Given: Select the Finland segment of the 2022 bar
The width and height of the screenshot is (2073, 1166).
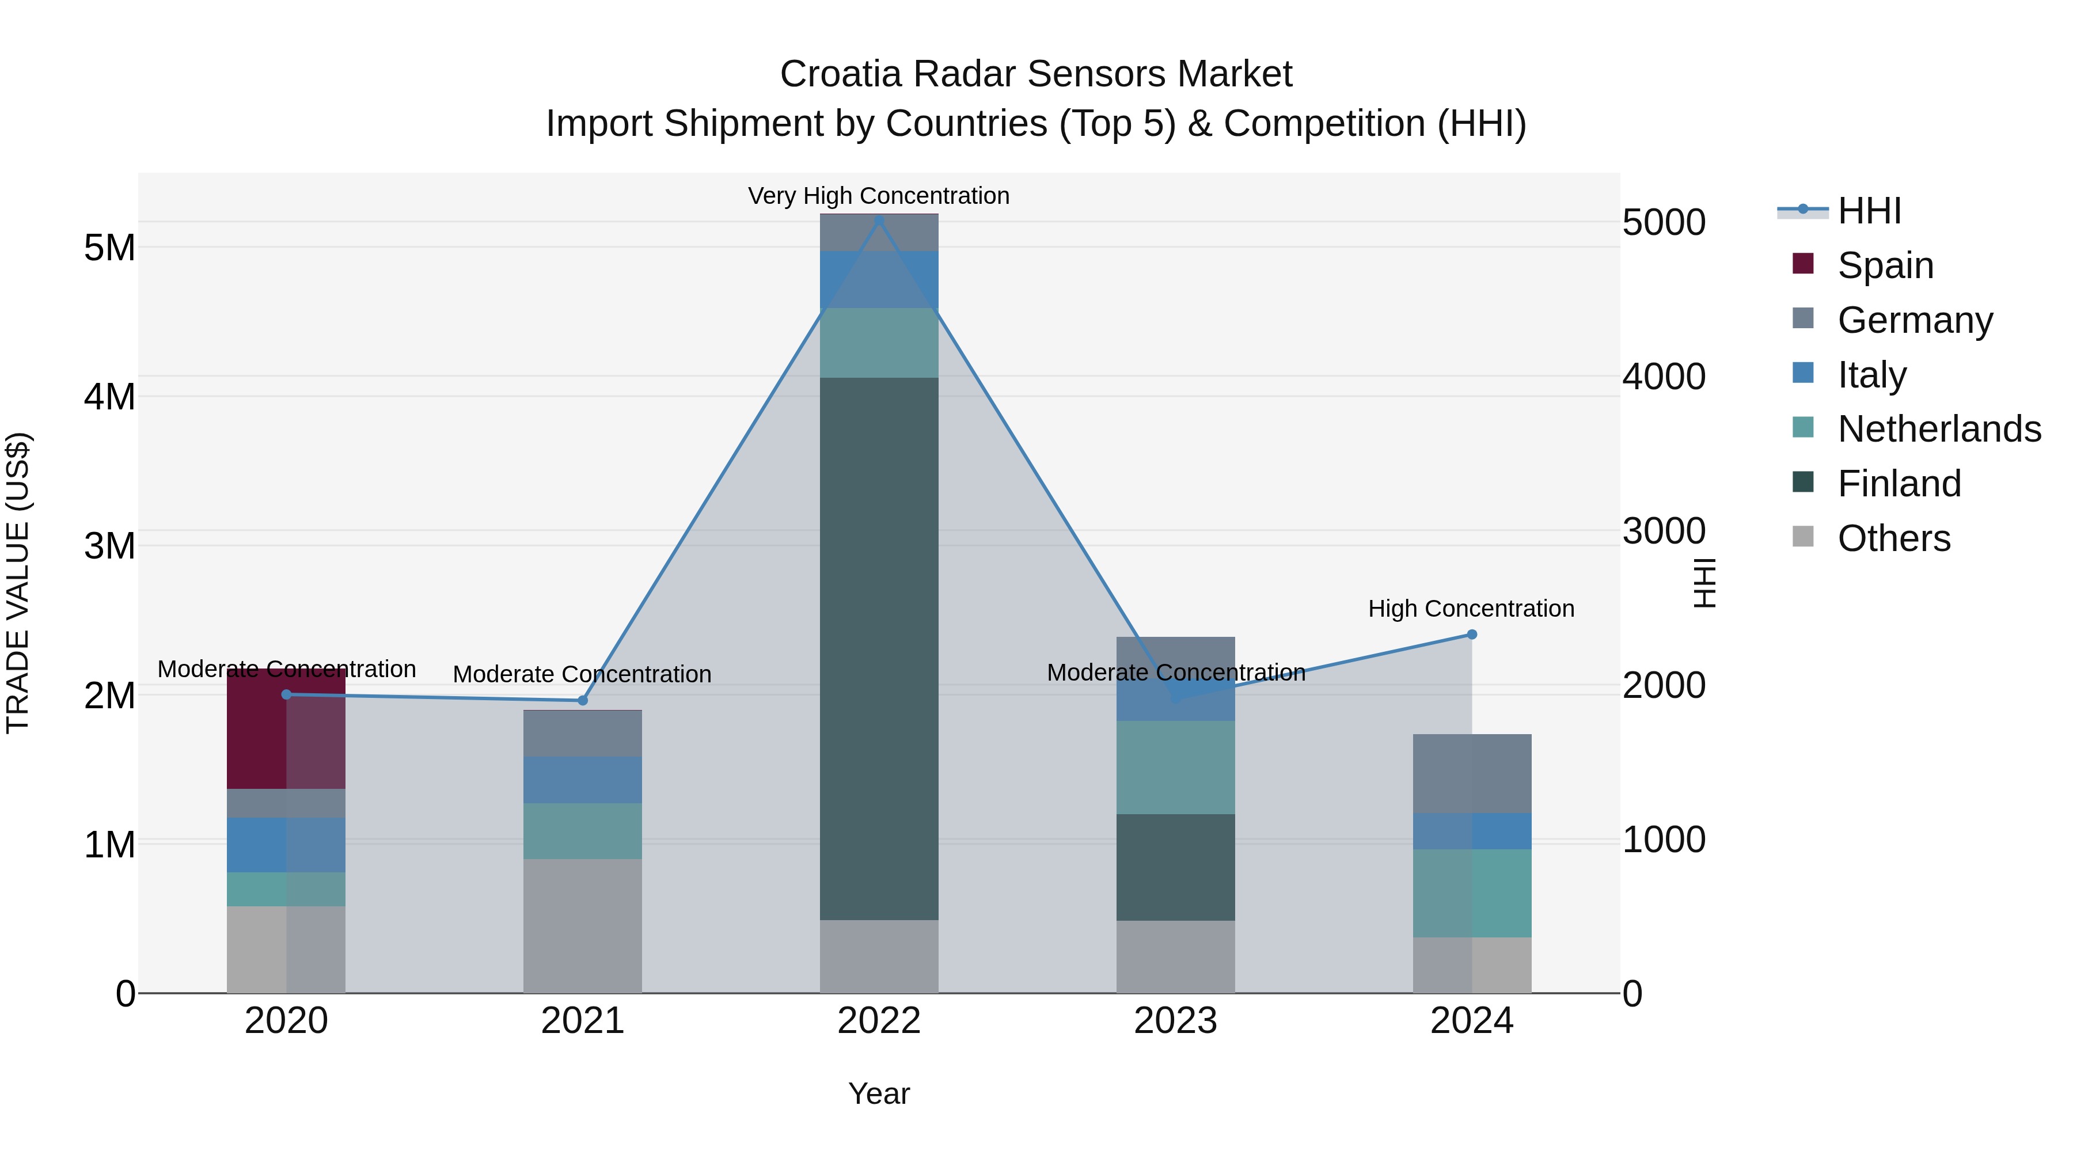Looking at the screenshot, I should (879, 648).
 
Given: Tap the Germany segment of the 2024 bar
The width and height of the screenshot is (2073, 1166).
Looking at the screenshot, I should (1472, 773).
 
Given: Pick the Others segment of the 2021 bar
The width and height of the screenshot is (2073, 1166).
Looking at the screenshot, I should (583, 925).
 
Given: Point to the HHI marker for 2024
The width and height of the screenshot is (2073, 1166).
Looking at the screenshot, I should (1472, 634).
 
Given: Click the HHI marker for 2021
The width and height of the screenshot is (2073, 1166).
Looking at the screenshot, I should (583, 700).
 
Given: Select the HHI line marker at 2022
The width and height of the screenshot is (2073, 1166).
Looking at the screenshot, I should (879, 221).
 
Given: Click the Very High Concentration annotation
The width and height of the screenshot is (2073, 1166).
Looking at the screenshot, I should (878, 196).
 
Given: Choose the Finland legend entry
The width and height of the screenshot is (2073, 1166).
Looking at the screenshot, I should (1899, 484).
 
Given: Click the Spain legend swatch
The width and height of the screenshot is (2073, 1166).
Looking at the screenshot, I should (1804, 264).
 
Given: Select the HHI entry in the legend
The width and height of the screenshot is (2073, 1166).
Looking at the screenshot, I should (1869, 211).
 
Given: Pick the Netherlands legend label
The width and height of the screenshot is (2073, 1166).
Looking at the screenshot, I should (1939, 429).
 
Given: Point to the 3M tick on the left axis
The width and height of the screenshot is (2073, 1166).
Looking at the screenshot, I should (109, 546).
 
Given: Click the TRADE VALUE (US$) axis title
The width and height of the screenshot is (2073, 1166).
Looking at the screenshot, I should (18, 583).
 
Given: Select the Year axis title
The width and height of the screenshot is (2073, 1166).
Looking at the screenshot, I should (879, 1093).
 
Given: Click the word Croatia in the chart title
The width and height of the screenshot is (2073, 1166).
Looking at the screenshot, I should (840, 74).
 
